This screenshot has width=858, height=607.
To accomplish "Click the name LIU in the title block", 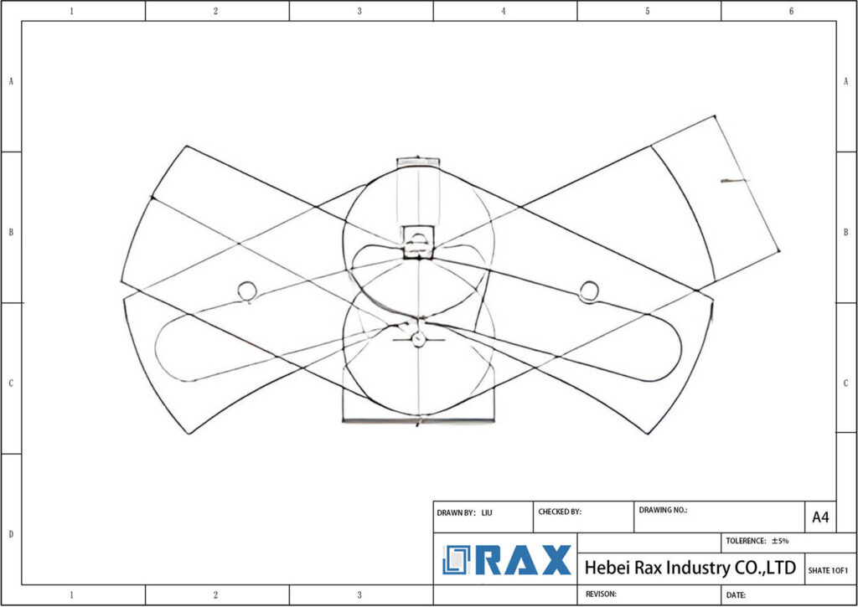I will click(x=487, y=512).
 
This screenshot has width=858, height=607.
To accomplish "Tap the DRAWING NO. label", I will click(x=663, y=509).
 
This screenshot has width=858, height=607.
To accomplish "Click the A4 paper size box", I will click(x=820, y=518).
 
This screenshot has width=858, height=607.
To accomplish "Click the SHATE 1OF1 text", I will click(x=828, y=570).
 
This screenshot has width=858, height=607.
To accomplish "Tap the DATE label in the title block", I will click(x=737, y=594).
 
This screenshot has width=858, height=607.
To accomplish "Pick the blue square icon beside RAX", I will click(x=457, y=560).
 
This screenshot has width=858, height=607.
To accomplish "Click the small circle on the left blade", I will click(x=246, y=291).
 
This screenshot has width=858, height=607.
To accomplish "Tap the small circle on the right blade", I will click(x=589, y=291).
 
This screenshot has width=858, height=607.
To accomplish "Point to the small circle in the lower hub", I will click(x=419, y=338).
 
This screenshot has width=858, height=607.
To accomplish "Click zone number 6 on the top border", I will click(x=791, y=11).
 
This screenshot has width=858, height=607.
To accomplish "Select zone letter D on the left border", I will click(x=10, y=533).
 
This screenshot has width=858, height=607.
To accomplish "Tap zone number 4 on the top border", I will click(x=504, y=11).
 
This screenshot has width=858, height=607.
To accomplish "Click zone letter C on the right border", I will click(x=846, y=383).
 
